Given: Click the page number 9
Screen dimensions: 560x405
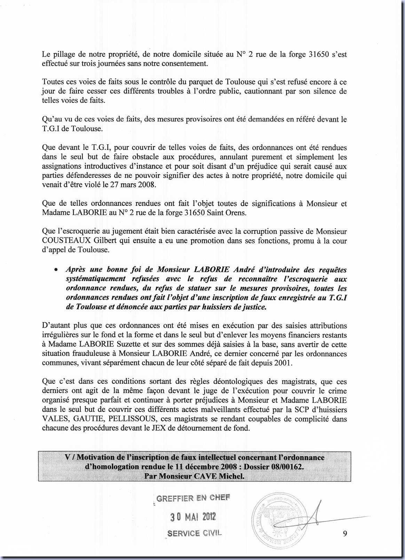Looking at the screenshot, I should pyautogui.click(x=345, y=534).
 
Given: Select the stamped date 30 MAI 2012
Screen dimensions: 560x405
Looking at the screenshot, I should pyautogui.click(x=193, y=517).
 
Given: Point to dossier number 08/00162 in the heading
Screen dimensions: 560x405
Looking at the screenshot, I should pyautogui.click(x=287, y=467).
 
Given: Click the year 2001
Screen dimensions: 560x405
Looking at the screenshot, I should pyautogui.click(x=285, y=363).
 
